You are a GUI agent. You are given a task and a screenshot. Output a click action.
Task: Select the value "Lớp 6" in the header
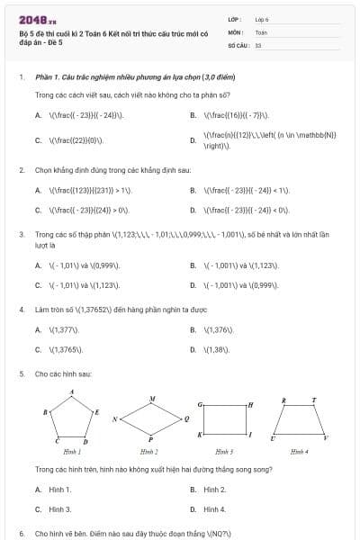(x=262, y=19)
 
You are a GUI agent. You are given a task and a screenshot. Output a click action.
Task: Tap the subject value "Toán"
(x=261, y=31)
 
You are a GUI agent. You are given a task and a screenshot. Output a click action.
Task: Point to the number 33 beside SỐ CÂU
(x=258, y=44)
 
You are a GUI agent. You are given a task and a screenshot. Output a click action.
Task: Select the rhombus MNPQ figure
(x=150, y=419)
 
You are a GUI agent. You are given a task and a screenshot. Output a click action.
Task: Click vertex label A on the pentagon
(x=72, y=392)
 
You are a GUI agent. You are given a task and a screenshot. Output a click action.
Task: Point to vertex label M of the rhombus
(x=152, y=398)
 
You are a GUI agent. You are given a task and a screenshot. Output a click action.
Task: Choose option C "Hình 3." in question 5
(x=59, y=508)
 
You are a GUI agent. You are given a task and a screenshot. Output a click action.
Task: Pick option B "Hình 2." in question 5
(x=214, y=489)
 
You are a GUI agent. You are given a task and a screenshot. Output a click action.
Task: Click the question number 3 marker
(x=21, y=233)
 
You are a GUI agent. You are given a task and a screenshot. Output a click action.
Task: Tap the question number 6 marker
(x=21, y=533)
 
